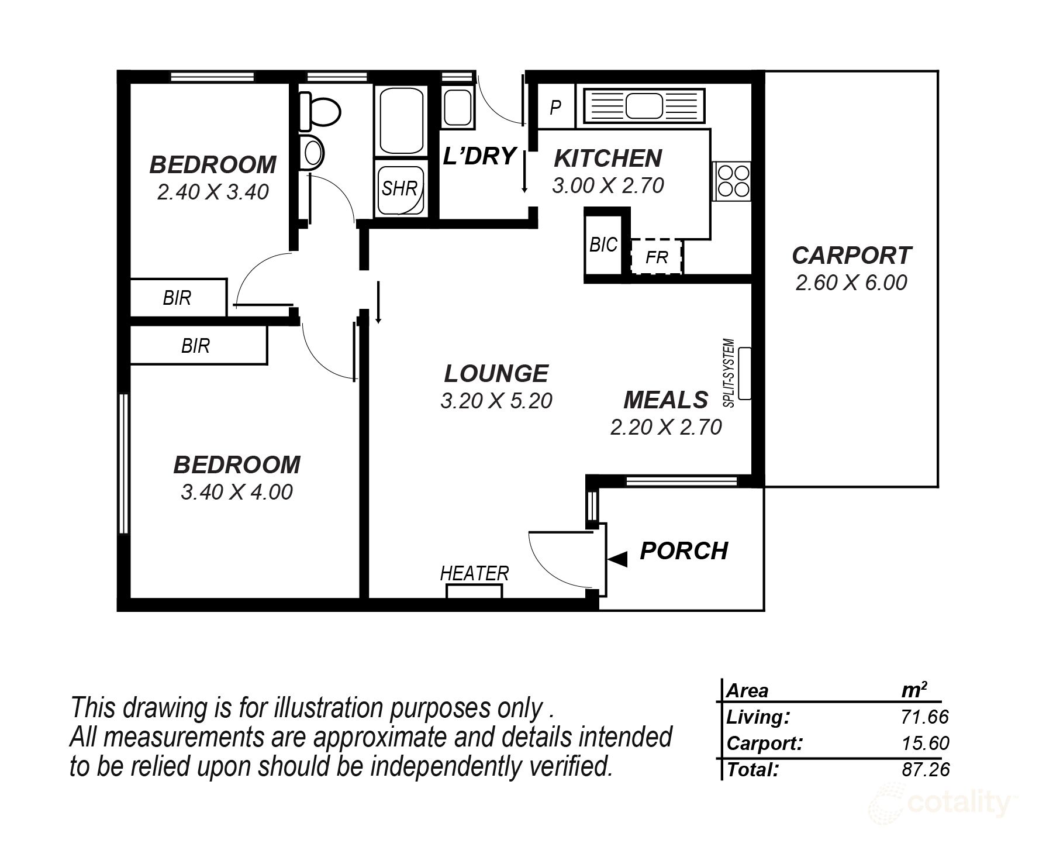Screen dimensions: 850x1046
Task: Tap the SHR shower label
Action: [x=399, y=188]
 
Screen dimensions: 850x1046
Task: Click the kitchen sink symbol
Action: [x=643, y=108]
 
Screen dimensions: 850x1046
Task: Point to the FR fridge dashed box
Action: [x=657, y=257]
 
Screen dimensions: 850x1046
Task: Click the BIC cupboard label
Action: [x=603, y=245]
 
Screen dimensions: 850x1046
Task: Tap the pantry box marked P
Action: [x=555, y=107]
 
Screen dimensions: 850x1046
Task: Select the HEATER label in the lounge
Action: [x=474, y=573]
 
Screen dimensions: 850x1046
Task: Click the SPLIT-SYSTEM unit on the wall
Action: [x=744, y=374]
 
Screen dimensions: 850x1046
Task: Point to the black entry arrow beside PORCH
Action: [x=618, y=559]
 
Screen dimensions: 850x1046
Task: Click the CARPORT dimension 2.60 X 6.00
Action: [x=851, y=283]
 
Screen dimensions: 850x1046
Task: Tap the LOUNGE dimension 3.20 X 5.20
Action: [x=496, y=401]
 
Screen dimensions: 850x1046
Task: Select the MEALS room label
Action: [x=665, y=400]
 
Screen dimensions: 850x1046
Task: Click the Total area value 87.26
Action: [x=926, y=769]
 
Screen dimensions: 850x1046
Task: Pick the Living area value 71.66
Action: [x=924, y=717]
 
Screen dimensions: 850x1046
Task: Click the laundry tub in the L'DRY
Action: [x=458, y=107]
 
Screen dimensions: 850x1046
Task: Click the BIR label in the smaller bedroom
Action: [x=177, y=298]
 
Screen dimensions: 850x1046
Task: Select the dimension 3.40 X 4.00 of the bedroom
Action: [x=236, y=492]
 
